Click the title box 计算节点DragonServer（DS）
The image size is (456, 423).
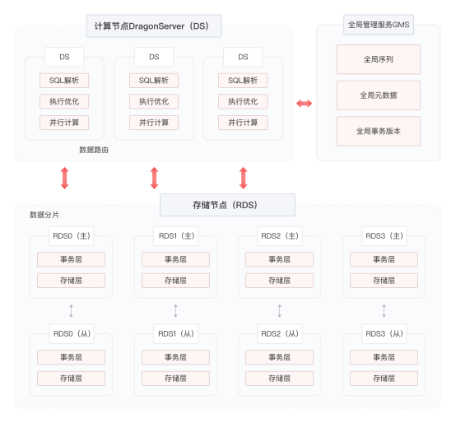point(154,26)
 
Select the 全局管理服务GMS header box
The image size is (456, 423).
point(379,25)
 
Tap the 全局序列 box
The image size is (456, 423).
point(379,59)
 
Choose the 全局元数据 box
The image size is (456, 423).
point(379,95)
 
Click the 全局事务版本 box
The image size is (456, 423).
point(379,131)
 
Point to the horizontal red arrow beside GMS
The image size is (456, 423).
point(305,103)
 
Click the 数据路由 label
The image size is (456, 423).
point(94,150)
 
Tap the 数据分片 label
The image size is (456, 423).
point(44,215)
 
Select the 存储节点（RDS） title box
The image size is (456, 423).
point(227,205)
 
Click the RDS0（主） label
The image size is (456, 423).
point(72,235)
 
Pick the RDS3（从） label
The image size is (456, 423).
point(384,334)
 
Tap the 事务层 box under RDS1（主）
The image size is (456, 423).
point(175,259)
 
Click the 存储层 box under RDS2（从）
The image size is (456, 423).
point(280,379)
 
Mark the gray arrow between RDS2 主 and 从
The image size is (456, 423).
point(280,311)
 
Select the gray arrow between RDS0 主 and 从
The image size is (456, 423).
point(71,311)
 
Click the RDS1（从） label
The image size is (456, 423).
point(176,334)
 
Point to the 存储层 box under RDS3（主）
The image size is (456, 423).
point(384,281)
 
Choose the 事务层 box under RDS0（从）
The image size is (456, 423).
point(71,357)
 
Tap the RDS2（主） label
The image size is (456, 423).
point(280,235)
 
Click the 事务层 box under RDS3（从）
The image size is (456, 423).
point(384,357)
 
